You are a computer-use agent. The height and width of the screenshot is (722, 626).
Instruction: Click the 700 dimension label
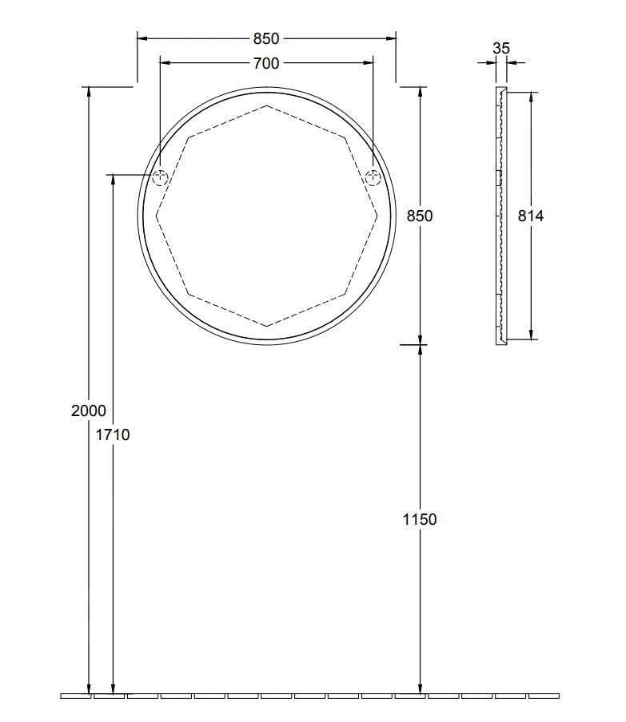coord(266,63)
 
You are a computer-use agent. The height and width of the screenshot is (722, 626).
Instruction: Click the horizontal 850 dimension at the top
coord(266,38)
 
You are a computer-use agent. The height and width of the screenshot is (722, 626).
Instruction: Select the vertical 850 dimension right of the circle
coord(419,216)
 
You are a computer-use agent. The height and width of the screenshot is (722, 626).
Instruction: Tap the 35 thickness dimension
coord(500,48)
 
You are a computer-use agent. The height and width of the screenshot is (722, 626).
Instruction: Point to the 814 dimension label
coord(530,216)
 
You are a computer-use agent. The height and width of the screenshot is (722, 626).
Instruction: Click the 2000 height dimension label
coord(88,411)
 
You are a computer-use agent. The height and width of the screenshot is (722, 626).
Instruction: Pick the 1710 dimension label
coord(113,434)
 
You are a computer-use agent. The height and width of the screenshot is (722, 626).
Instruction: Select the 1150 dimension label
coord(419,519)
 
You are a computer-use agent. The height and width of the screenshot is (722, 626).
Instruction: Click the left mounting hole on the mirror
coord(160,178)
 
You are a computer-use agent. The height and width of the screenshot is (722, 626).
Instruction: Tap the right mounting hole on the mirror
coord(373,178)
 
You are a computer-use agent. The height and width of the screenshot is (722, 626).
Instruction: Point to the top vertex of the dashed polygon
coord(266,105)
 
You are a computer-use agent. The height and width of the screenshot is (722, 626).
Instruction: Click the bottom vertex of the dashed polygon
coord(266,326)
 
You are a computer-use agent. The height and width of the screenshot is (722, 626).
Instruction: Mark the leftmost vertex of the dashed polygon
coord(157,215)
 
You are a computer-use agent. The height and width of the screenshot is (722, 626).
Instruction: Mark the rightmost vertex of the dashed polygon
coord(377,215)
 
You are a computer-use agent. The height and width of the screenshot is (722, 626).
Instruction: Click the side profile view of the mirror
coord(500,216)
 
